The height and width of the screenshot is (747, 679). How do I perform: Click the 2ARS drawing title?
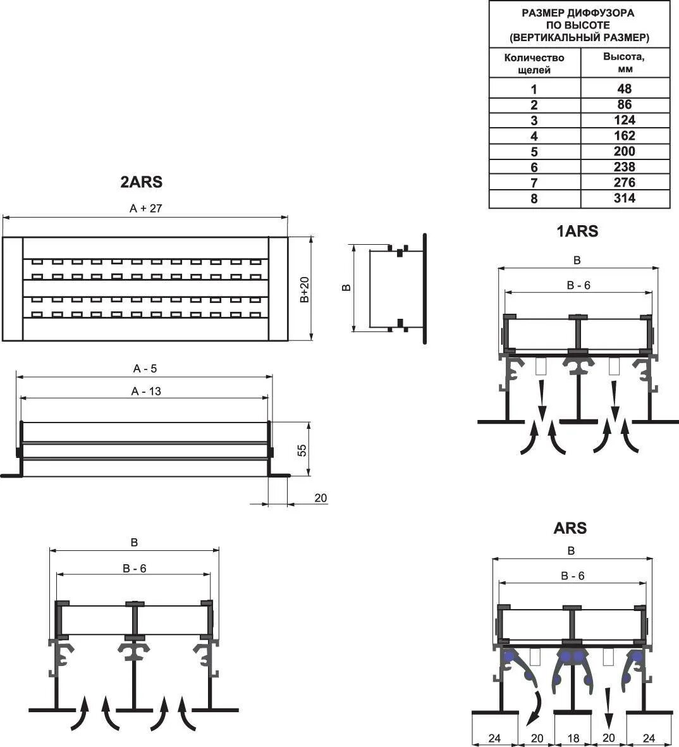point(141,182)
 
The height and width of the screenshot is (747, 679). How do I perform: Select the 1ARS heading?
point(577,232)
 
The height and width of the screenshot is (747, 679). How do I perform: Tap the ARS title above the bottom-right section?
point(570,528)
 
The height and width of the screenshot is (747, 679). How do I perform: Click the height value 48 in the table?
point(624,89)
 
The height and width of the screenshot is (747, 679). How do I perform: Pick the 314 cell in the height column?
point(624,199)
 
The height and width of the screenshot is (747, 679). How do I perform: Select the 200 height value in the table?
point(624,152)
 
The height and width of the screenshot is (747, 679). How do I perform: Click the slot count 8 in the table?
point(534,199)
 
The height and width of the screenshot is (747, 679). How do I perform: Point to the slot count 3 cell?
point(534,120)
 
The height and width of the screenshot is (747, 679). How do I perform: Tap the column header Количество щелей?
point(534,63)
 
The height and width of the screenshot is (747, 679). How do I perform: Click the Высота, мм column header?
point(624,63)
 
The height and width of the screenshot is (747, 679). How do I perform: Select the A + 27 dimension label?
point(147,208)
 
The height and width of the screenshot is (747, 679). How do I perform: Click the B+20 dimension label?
point(305,290)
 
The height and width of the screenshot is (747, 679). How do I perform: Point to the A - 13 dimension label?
point(146,392)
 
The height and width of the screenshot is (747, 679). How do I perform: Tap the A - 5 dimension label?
point(145,369)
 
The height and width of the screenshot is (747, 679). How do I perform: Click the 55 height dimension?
point(302,450)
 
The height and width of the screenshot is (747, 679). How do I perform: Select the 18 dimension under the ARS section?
point(573,738)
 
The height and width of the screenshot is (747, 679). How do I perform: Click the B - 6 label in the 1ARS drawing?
point(578,285)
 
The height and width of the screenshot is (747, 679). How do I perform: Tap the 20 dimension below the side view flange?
point(321,498)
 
